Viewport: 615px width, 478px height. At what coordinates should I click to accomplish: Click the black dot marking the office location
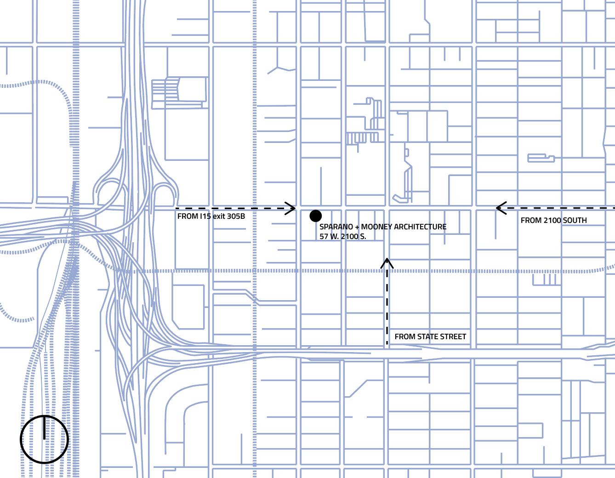point(315,216)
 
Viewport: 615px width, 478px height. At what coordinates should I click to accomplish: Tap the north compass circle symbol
point(45,439)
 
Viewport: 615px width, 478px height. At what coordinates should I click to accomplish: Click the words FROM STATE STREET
point(430,336)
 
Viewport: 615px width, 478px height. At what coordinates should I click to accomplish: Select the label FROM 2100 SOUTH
point(553,220)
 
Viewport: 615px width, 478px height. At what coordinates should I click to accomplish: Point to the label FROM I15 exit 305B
point(211,216)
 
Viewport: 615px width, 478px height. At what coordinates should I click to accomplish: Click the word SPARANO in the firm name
point(336,227)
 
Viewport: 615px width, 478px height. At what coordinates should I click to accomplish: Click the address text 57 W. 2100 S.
point(343,236)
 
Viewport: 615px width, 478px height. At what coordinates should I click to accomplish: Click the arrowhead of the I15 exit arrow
point(291,209)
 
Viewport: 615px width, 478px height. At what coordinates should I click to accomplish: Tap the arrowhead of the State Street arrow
point(387,262)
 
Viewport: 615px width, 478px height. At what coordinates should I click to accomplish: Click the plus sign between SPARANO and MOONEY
point(357,227)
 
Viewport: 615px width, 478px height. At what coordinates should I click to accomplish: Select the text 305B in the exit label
point(236,216)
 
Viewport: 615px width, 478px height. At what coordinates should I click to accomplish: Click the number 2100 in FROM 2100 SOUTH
point(551,220)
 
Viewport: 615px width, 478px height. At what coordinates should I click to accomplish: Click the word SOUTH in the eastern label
point(575,220)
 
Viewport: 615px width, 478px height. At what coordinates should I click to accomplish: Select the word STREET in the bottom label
point(453,336)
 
